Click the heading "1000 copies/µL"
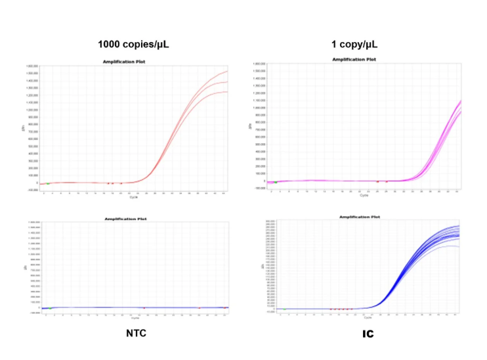[138, 45]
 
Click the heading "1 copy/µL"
[354, 45]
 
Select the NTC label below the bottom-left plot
[136, 333]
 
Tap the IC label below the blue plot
[368, 334]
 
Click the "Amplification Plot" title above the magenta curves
[354, 59]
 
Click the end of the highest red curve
[227, 71]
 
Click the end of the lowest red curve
[227, 92]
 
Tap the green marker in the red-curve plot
[47, 183]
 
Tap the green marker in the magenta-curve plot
[276, 181]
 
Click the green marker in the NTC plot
[49, 308]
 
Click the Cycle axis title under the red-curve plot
[135, 196]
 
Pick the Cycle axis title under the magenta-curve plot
[363, 194]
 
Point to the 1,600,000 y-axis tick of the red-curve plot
[32, 66]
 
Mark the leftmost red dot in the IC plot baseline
[332, 309]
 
